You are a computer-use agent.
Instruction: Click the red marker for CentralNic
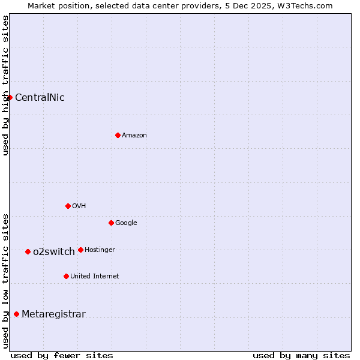10,97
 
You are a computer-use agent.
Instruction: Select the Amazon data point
118,135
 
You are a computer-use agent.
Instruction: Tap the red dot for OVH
68,206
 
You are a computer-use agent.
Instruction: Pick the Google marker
111,223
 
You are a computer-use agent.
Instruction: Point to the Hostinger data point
80,250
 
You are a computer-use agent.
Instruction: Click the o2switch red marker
28,251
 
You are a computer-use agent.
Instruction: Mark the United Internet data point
66,276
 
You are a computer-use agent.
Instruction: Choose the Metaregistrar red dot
16,314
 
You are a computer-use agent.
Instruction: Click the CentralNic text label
40,98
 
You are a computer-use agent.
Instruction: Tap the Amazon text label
134,136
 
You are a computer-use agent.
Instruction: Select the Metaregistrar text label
53,314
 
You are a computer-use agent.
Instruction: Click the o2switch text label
54,252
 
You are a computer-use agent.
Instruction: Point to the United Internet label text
94,277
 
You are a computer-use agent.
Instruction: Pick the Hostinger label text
100,250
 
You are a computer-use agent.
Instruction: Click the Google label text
126,223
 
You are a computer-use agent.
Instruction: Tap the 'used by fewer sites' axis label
62,355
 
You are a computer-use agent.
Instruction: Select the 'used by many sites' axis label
301,355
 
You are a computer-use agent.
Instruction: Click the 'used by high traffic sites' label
5,85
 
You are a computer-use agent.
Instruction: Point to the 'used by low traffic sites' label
5,280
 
